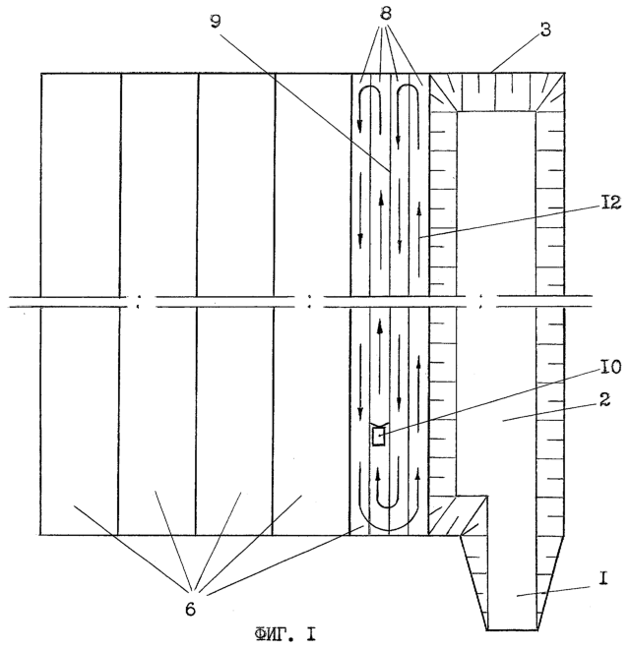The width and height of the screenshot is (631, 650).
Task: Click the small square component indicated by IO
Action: pyautogui.click(x=378, y=436)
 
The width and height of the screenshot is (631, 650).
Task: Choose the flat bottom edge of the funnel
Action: pyautogui.click(x=513, y=629)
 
